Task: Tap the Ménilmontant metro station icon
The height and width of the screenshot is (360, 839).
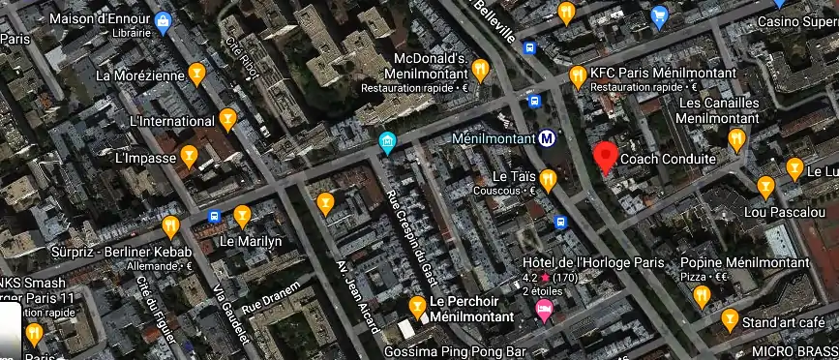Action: pyautogui.click(x=548, y=138)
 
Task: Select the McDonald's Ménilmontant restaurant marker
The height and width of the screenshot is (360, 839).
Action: pyautogui.click(x=479, y=68)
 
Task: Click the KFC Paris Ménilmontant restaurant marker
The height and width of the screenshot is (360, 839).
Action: pyautogui.click(x=579, y=74)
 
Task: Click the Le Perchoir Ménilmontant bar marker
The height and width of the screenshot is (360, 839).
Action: pyautogui.click(x=417, y=307)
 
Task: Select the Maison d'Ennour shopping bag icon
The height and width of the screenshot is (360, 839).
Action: pyautogui.click(x=163, y=19)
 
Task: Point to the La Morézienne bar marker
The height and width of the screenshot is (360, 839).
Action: pyautogui.click(x=196, y=72)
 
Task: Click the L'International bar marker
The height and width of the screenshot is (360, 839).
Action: pyautogui.click(x=227, y=119)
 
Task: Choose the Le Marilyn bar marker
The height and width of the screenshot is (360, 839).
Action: pyautogui.click(x=242, y=215)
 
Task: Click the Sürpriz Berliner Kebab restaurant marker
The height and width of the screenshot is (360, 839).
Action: pyautogui.click(x=171, y=226)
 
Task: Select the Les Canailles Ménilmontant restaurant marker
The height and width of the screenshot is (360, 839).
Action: pyautogui.click(x=736, y=138)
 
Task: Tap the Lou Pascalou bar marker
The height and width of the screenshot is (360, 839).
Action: pyautogui.click(x=765, y=185)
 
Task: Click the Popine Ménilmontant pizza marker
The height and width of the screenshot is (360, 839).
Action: pyautogui.click(x=702, y=294)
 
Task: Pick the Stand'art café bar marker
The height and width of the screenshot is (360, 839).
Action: pyautogui.click(x=731, y=320)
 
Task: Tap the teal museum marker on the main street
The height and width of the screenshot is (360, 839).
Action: pyautogui.click(x=387, y=144)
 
